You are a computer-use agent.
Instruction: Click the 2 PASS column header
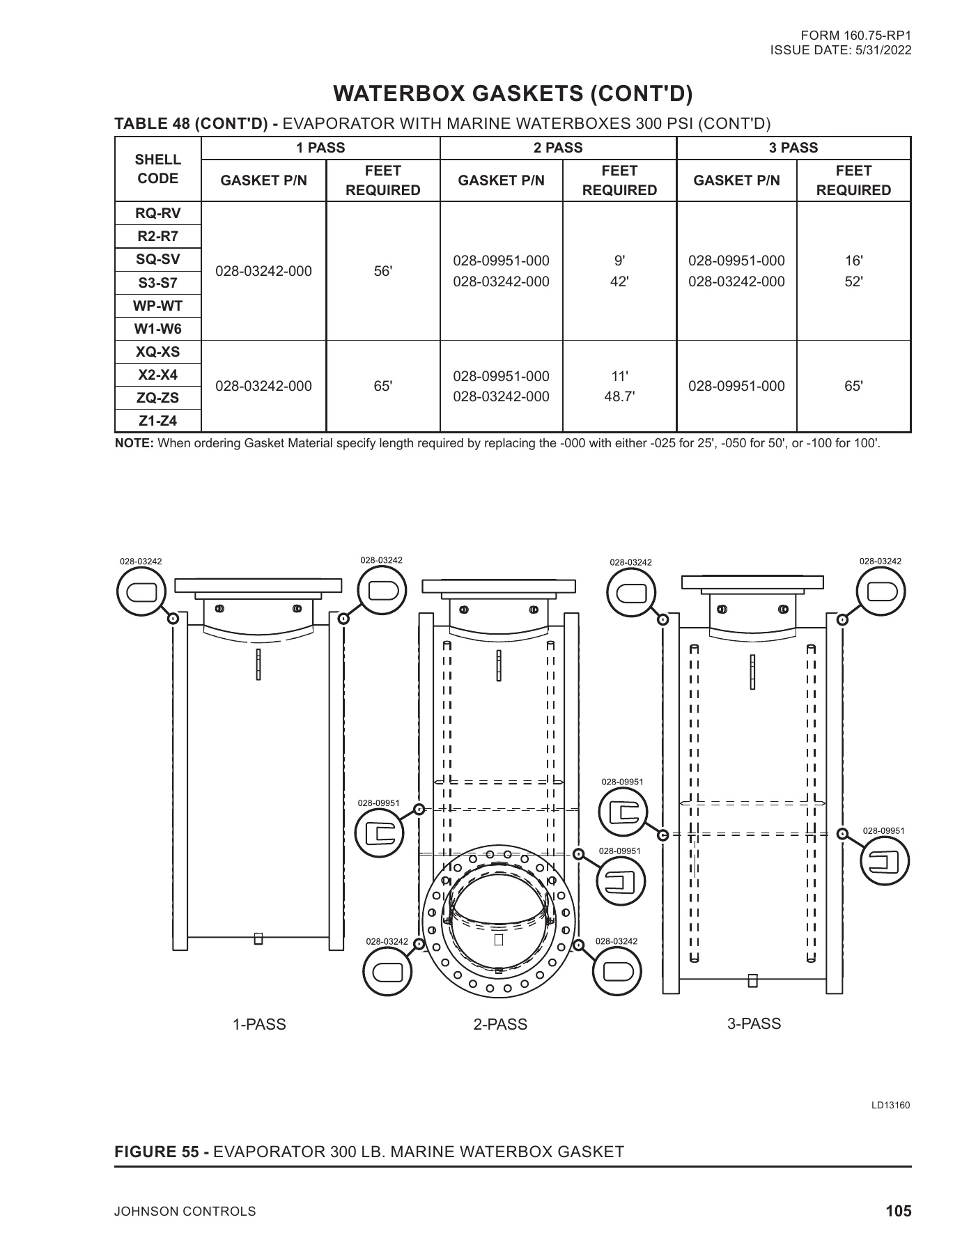click(x=558, y=148)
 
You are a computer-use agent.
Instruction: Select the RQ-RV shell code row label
click(x=157, y=213)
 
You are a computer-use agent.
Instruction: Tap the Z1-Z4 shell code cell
click(x=157, y=421)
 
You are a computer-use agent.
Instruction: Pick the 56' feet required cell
click(x=382, y=271)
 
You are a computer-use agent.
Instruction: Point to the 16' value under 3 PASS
click(x=853, y=261)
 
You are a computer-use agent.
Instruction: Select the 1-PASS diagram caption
click(x=259, y=1024)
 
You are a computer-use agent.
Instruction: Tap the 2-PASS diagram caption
click(x=500, y=1024)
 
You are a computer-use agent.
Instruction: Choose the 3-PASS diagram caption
click(x=754, y=1023)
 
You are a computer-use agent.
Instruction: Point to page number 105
click(x=898, y=1211)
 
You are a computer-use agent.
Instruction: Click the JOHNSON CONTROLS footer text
click(x=185, y=1212)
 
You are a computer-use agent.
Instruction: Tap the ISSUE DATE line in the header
click(x=840, y=50)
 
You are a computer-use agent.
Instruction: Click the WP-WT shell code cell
click(x=157, y=306)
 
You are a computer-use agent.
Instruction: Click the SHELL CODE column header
click(x=157, y=169)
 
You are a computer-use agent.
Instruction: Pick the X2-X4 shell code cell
click(x=157, y=375)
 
